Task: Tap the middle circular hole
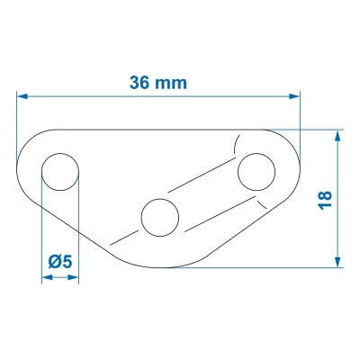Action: point(159,216)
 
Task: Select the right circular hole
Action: point(256,171)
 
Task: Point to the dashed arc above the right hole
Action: point(238,142)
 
